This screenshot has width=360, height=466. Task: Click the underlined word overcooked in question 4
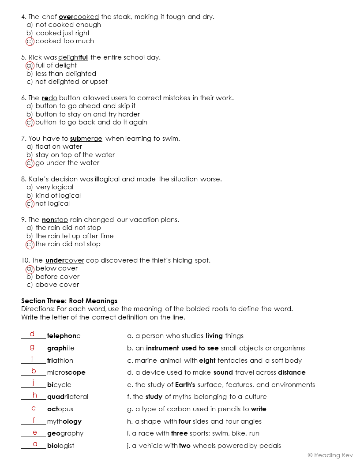[x=79, y=17]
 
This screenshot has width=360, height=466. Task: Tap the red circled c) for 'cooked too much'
[x=30, y=41]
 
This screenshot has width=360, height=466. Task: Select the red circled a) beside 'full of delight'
[x=30, y=65]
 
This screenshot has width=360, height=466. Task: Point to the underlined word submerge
[x=86, y=139]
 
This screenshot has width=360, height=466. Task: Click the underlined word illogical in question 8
[x=107, y=179]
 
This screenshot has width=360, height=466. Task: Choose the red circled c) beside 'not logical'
[x=30, y=203]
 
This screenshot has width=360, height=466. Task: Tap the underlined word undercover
[x=64, y=260]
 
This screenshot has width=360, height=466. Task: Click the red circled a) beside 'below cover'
[x=30, y=268]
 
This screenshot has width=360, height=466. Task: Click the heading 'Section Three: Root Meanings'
[x=69, y=301]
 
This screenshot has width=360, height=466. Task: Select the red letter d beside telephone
[x=32, y=334]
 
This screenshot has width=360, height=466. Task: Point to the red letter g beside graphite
[x=32, y=346]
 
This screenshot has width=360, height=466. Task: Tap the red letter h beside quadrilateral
[x=35, y=395]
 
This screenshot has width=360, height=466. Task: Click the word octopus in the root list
[x=60, y=409]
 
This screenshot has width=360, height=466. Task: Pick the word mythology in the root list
[x=64, y=421]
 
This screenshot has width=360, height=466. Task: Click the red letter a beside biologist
[x=35, y=444]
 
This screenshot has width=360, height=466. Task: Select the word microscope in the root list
[x=66, y=372]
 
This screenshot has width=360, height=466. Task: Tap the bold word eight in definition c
[x=207, y=361]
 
